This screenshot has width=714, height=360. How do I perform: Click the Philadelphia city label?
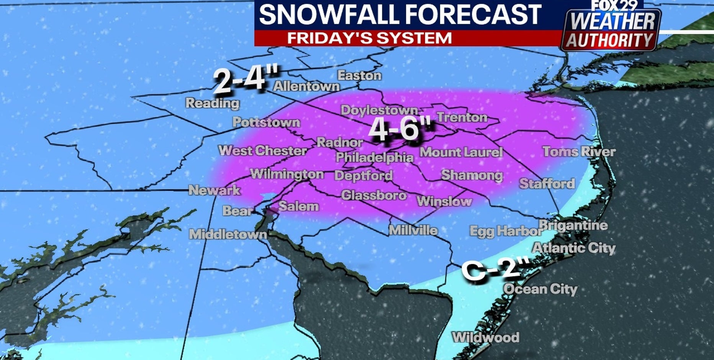tap(375, 157)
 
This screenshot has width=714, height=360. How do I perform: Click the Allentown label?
tap(306, 86)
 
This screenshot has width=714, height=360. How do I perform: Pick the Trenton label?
tap(462, 117)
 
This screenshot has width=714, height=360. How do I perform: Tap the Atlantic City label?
tap(573, 248)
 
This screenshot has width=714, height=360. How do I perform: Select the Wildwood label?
tap(486, 337)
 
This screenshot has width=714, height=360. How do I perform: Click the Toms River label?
tap(579, 152)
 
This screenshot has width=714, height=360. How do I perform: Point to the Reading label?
tap(213, 103)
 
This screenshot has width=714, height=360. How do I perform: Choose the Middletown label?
tap(228, 234)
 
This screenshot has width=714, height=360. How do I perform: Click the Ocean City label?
tap(540, 289)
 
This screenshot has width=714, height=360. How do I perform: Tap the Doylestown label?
tap(379, 110)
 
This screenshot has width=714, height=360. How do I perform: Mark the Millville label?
tap(413, 230)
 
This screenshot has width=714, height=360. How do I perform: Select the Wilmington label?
tap(287, 174)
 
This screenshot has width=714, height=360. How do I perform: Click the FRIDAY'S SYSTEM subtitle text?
tap(369, 38)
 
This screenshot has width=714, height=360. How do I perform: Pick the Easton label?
tap(359, 75)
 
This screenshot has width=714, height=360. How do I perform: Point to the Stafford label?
tap(547, 184)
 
